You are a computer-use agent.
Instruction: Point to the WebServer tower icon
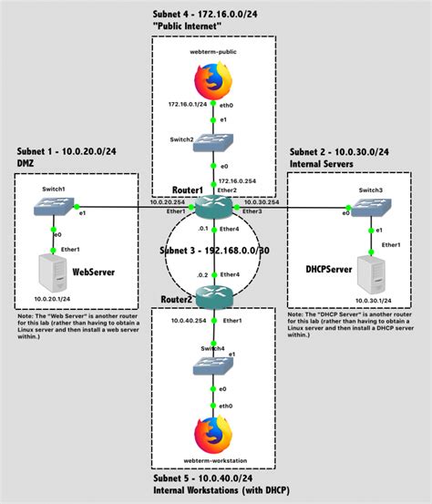point(56,273)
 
